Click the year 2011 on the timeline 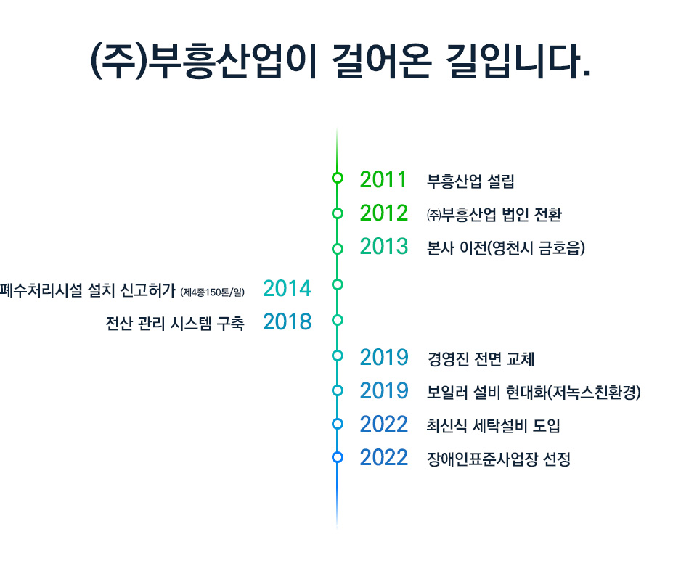coord(383,179)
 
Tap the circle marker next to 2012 coord(338,213)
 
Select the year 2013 coord(384,246)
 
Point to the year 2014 coord(287,288)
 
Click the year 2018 coord(287,322)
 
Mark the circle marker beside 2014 coord(338,284)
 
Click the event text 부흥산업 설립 coord(470,181)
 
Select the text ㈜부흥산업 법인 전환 coord(494,214)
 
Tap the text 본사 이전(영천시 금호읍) coord(505,248)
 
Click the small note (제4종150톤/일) coord(213,292)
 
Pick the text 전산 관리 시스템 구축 coord(175,323)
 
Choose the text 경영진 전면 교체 coord(481,358)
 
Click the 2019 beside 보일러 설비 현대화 coord(384,390)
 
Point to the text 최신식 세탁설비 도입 coord(493,426)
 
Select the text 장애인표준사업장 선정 coord(498,459)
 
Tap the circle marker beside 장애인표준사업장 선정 coord(338,457)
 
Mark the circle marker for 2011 coord(338,178)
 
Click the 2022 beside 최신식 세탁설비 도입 coord(384,424)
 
